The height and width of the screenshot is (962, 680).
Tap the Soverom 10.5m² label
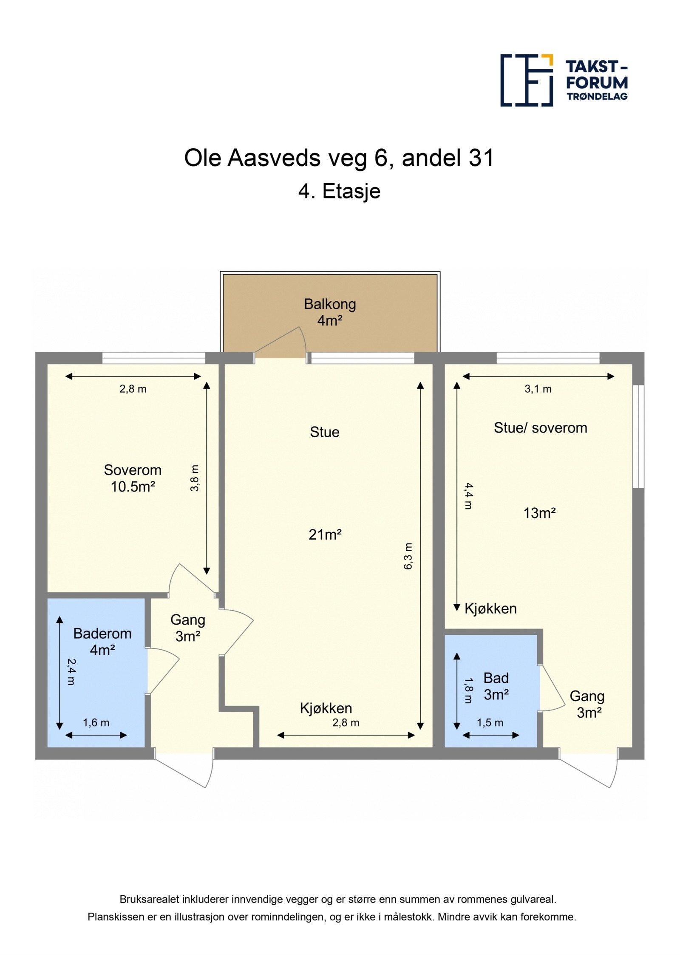tap(133, 478)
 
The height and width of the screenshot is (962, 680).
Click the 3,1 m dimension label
tap(538, 389)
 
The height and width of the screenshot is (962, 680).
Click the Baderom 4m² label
tap(102, 642)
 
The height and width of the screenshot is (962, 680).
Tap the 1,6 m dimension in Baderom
tap(96, 722)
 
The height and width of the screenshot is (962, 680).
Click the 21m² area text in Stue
tap(325, 535)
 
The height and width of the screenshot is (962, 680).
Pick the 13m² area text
tap(539, 513)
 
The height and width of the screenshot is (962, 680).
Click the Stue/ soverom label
tap(540, 427)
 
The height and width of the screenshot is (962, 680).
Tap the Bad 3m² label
tap(496, 686)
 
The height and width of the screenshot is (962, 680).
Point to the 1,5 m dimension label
tap(490, 722)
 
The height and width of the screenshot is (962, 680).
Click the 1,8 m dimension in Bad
tap(468, 690)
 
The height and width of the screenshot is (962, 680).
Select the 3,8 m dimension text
tap(194, 478)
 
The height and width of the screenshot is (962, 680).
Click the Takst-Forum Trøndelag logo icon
tap(527, 80)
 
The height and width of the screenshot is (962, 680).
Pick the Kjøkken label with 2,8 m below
tap(326, 708)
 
